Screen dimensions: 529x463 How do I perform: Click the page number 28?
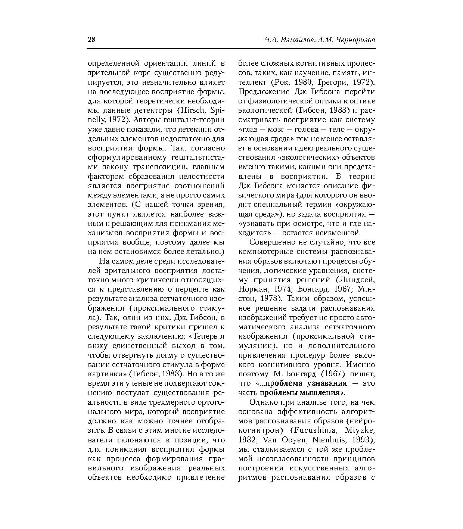click(91, 40)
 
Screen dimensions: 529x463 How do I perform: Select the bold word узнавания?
click(327, 383)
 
